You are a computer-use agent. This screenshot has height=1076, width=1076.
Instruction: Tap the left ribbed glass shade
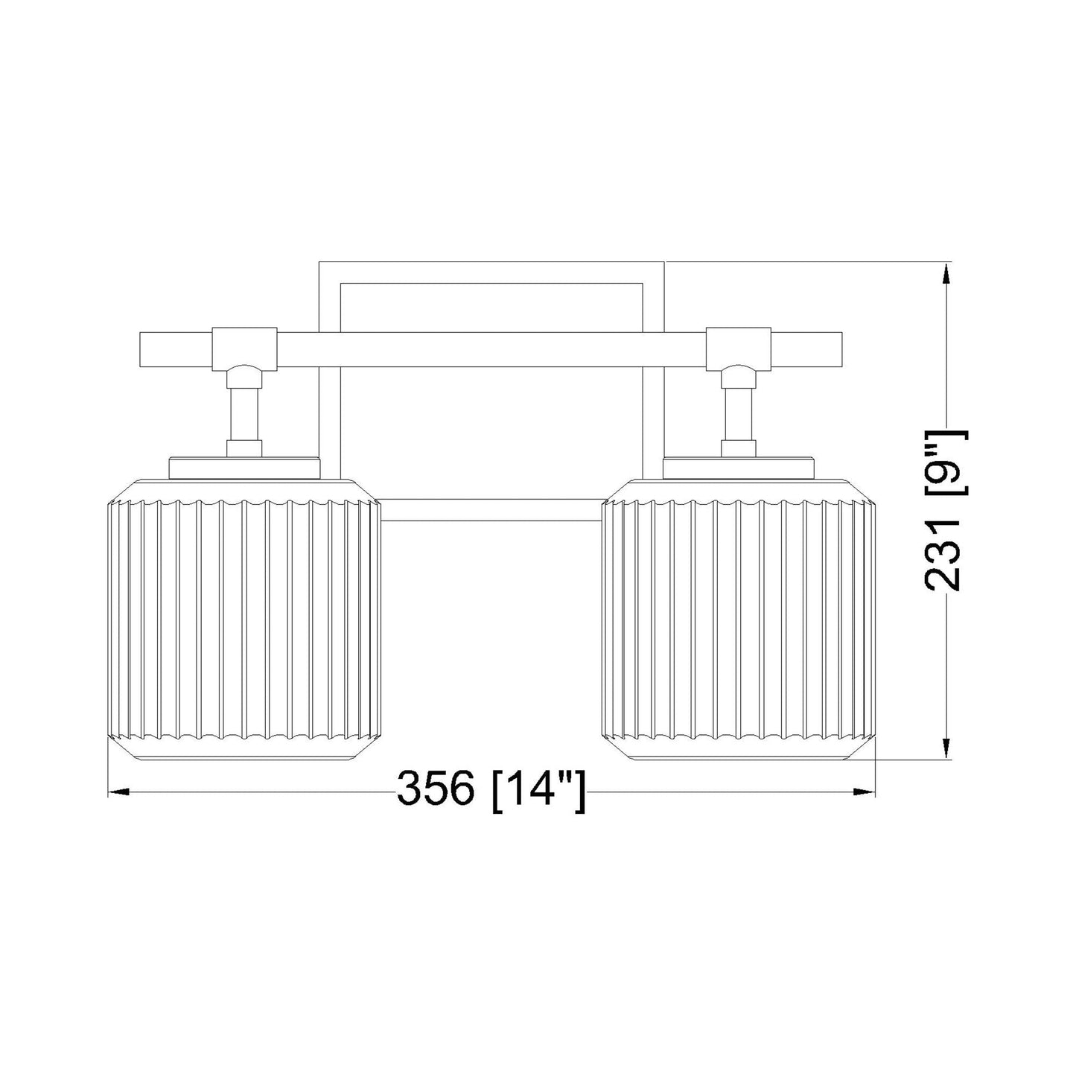coord(244,618)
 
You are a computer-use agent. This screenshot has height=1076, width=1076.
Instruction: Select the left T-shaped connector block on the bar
coord(245,346)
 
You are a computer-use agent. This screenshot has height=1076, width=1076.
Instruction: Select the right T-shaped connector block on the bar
coord(738,346)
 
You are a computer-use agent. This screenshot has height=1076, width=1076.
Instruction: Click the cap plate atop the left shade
coord(245,468)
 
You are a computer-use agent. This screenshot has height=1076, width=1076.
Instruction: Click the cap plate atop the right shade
coord(738,468)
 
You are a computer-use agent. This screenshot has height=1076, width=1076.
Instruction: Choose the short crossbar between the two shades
coord(491,510)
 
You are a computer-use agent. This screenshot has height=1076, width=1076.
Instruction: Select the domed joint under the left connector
coord(245,372)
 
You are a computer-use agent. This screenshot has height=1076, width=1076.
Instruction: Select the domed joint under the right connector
coord(738,372)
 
